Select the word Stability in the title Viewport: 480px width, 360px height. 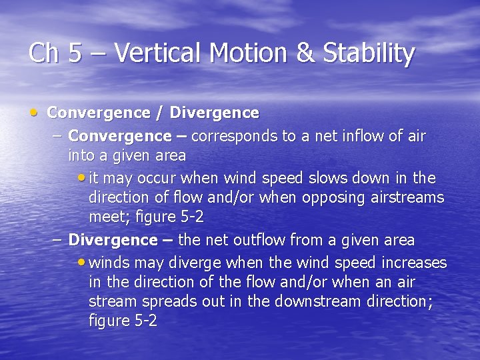(x=369, y=53)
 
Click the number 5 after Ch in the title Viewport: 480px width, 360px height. (x=75, y=53)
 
